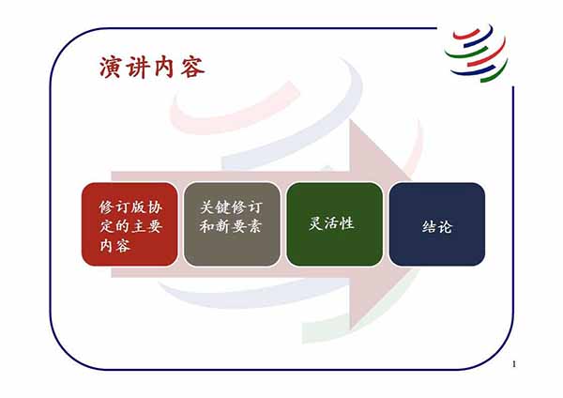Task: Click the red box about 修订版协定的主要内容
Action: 129,224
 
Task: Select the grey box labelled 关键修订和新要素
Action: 232,224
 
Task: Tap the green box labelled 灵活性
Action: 335,224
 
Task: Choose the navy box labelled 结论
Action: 437,224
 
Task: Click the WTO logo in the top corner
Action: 476,53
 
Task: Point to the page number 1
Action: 514,364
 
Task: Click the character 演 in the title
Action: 110,68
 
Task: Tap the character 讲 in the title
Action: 137,68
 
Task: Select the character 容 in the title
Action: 192,68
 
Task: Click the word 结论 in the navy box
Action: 437,227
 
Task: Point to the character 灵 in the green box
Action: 315,223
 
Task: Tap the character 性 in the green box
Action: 347,223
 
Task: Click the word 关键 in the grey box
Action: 216,207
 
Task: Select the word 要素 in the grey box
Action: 247,226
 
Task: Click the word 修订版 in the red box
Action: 123,207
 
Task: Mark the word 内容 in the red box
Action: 114,246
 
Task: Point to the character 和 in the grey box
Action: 207,226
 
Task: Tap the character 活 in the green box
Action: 331,223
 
